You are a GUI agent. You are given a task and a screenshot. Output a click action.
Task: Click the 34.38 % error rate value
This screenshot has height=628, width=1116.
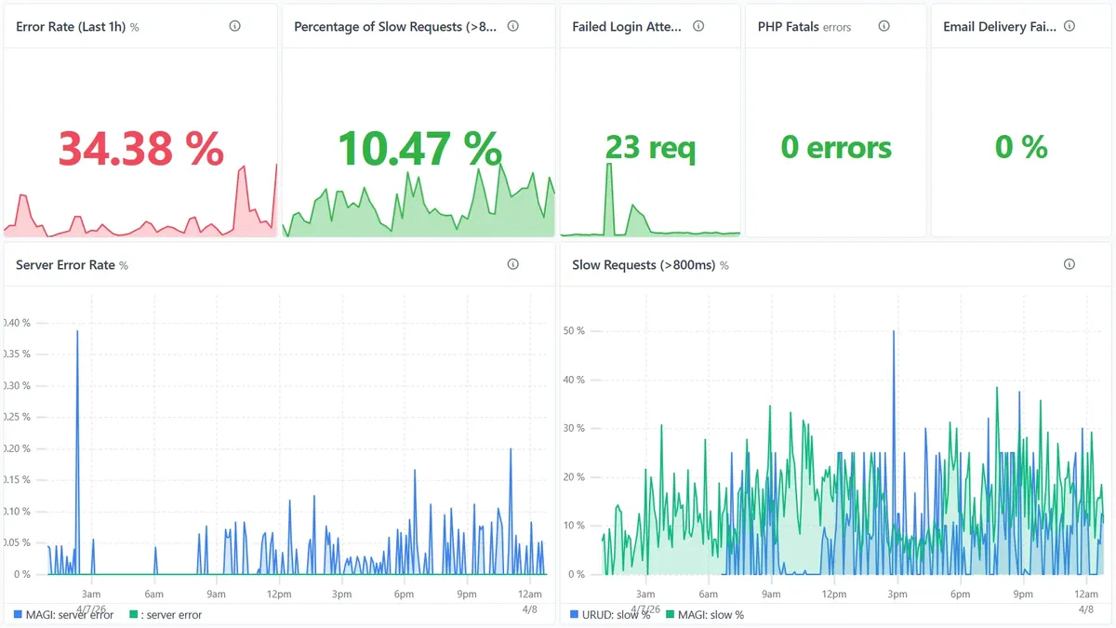140,148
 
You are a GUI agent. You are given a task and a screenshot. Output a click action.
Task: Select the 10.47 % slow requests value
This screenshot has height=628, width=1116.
418,148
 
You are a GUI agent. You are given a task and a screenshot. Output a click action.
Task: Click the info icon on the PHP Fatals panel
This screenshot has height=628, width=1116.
883,26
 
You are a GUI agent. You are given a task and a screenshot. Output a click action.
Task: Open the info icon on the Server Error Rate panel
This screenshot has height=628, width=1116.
512,264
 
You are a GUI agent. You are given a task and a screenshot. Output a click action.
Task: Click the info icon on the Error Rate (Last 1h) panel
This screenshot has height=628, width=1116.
234,26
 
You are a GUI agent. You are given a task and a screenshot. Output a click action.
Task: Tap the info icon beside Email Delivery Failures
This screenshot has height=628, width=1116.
1069,26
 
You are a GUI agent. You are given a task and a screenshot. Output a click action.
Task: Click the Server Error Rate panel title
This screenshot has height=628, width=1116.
65,265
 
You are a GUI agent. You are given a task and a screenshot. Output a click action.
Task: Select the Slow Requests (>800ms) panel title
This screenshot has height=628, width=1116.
644,265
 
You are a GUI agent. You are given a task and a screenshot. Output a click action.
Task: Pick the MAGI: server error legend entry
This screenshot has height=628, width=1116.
63,615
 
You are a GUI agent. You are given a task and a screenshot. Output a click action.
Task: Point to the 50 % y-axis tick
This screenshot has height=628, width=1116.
575,331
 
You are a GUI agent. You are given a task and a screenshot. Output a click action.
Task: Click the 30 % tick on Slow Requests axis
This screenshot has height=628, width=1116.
575,429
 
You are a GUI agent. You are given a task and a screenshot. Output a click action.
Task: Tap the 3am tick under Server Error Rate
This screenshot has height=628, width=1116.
91,594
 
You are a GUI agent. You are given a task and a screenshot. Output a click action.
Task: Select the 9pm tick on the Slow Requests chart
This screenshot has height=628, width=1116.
1022,594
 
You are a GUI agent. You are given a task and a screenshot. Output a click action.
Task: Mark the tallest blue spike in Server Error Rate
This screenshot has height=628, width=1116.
77,331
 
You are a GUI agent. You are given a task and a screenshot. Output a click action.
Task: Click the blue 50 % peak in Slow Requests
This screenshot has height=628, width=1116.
894,331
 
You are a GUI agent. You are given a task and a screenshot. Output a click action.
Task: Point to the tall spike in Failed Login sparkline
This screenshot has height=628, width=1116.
609,165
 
